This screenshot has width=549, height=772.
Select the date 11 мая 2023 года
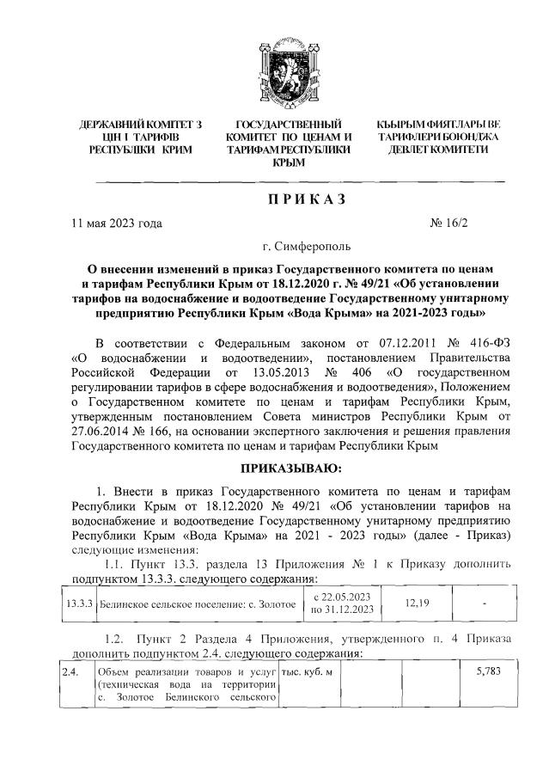click(116, 224)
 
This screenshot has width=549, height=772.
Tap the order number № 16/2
click(452, 224)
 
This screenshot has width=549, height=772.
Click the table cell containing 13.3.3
click(79, 604)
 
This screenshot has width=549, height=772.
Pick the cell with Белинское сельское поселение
click(197, 604)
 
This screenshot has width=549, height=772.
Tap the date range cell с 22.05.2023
click(341, 604)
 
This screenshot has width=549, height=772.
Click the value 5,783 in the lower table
click(490, 671)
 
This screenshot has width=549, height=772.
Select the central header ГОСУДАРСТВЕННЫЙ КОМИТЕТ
click(283, 143)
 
